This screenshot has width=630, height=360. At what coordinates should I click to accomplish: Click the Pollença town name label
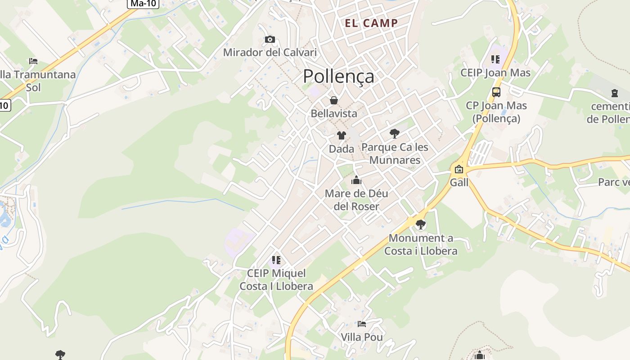click(x=338, y=76)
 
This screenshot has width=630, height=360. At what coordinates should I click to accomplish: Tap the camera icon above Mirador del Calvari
click(x=270, y=40)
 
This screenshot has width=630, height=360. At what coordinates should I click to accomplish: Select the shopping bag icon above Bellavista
click(x=334, y=100)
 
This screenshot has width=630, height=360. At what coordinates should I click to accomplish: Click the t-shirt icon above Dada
click(x=342, y=135)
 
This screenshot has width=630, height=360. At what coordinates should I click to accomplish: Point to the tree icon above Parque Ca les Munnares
click(x=395, y=133)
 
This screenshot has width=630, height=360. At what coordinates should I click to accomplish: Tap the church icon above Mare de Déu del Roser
click(x=356, y=180)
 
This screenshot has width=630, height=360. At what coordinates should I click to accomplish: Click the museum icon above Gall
click(x=459, y=169)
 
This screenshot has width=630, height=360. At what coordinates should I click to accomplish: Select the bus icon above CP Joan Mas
click(x=496, y=92)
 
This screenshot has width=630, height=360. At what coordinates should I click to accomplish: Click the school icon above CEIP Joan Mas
click(x=495, y=59)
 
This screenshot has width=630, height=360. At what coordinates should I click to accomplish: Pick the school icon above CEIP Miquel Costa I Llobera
click(x=276, y=260)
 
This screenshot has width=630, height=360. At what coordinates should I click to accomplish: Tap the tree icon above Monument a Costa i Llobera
click(x=421, y=224)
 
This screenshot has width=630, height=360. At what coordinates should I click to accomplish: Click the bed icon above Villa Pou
click(x=361, y=324)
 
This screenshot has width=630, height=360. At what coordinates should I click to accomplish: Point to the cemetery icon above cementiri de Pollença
click(x=615, y=93)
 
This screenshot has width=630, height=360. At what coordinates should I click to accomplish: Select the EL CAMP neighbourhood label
click(x=371, y=23)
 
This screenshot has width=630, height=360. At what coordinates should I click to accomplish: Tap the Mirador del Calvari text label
click(x=270, y=53)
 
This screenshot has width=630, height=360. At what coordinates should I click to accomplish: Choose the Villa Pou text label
click(x=362, y=337)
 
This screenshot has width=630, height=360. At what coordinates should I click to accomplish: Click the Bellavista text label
click(x=334, y=113)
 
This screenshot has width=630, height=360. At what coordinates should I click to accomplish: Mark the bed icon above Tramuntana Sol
click(x=33, y=61)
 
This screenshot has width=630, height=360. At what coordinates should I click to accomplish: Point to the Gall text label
click(x=459, y=182)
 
